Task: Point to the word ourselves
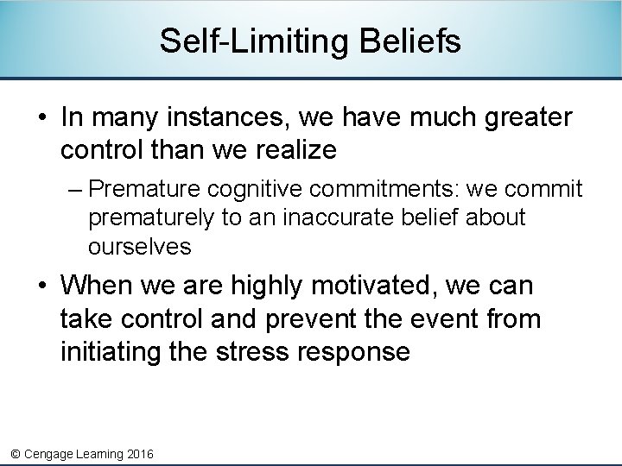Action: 139,247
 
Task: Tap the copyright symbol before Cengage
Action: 14,454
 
